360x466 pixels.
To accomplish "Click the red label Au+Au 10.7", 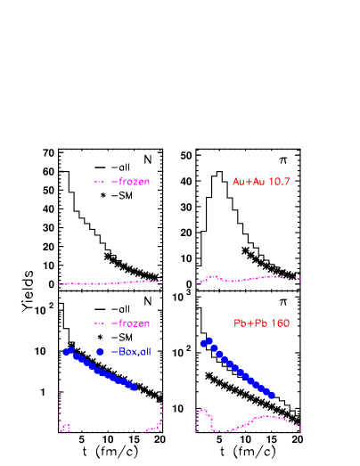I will [x=261, y=182].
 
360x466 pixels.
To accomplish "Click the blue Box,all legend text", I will [x=134, y=352].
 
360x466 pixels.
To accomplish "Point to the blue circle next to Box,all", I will [x=100, y=352].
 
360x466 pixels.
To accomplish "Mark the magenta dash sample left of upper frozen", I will [x=100, y=182].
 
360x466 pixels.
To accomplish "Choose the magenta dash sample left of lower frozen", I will [x=100, y=323].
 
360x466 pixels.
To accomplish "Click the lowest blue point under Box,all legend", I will [x=134, y=388].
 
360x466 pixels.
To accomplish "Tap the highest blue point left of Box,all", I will [x=70, y=350].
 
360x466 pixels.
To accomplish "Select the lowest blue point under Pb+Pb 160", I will [x=272, y=395].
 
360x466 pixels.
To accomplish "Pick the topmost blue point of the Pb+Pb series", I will [x=209, y=340].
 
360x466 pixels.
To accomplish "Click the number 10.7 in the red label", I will [x=278, y=182].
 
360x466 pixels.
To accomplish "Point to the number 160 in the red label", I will [x=280, y=323].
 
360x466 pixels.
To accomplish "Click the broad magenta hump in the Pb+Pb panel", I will [x=266, y=417].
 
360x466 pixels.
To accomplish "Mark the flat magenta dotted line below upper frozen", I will [x=107, y=283].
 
